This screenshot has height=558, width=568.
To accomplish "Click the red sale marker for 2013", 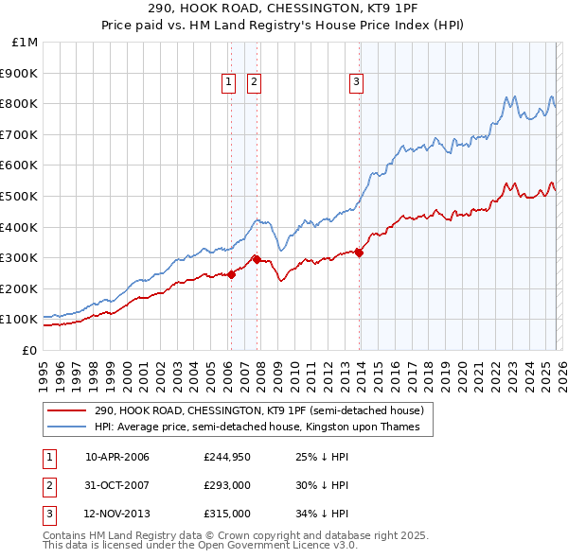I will tap(360, 253).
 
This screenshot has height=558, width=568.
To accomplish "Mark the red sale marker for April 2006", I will tap(231, 274).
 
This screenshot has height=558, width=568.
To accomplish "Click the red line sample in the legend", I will tap(68, 411).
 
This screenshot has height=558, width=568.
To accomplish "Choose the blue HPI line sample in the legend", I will tap(68, 427).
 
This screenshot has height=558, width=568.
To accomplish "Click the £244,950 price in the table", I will tap(225, 457).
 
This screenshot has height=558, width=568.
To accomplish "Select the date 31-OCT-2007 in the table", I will tap(117, 485).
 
